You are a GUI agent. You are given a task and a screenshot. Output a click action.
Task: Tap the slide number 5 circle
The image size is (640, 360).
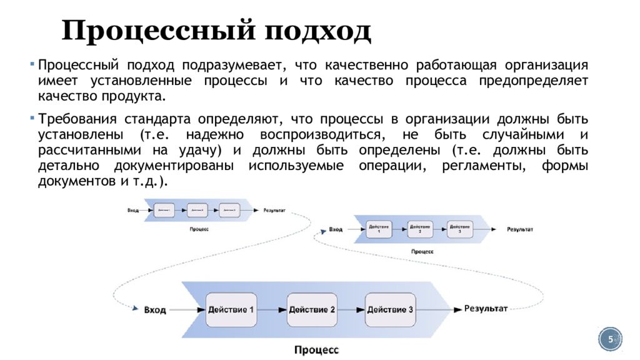tap(611, 339)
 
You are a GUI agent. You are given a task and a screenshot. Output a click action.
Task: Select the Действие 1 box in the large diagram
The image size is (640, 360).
tap(231, 309)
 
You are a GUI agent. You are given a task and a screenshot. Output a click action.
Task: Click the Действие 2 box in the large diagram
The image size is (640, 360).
tap(312, 309)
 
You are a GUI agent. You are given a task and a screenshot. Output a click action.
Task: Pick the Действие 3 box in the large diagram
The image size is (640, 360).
tap(390, 309)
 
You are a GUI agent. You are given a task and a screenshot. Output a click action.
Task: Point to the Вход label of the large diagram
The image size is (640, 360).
tap(155, 310)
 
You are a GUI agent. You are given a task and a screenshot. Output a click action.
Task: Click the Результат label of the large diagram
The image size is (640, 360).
tap(486, 309)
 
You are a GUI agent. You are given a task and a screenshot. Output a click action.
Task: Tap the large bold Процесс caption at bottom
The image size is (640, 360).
tap(316, 350)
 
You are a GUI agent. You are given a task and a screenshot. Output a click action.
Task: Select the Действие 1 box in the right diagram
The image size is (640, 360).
tap(379, 229)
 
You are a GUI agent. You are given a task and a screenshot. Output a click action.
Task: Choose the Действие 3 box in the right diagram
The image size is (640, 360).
tap(460, 229)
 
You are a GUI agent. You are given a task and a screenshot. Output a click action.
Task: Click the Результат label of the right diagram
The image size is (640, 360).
tap(520, 229)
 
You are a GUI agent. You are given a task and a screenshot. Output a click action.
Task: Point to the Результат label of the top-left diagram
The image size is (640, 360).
tap(274, 211)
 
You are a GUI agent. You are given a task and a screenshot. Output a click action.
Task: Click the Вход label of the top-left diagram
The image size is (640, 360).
tap(133, 211)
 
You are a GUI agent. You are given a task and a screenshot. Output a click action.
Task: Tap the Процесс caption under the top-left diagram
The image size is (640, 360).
tap(199, 229)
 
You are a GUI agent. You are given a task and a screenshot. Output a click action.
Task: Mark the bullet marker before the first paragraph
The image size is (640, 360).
tap(32, 65)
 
